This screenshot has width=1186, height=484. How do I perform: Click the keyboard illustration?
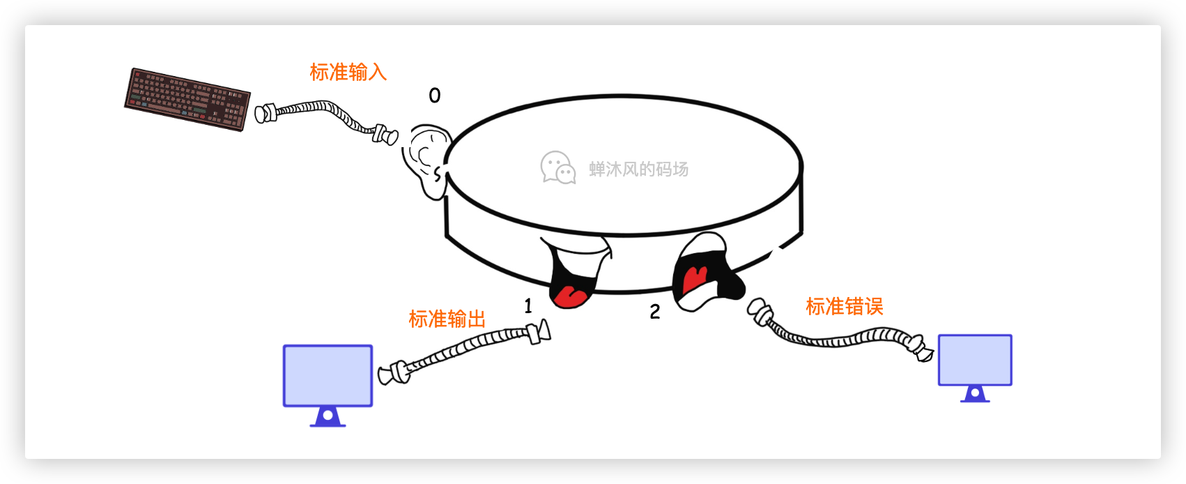pos(187,99)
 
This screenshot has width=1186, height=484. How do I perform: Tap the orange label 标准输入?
pos(348,72)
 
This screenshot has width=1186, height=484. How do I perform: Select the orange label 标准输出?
pos(447,319)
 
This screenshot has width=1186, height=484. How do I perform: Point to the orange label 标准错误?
pos(844,306)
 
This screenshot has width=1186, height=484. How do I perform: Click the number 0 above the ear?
pos(435,96)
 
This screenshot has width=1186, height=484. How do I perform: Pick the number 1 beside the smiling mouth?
pos(528,305)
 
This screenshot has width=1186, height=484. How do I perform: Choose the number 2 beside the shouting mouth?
pos(655,312)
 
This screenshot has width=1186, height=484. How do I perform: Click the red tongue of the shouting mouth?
pos(695,278)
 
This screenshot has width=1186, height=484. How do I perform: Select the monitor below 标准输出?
pos(328,376)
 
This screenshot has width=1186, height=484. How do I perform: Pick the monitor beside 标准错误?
pos(974,361)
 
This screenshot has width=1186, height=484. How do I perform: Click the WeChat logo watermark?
pos(558,168)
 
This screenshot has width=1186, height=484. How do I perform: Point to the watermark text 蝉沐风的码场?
pos(638,169)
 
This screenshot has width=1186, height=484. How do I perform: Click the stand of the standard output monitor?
pos(328,418)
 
